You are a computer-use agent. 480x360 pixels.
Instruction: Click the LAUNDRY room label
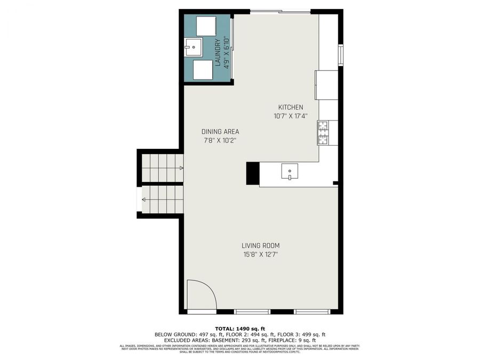pyautogui.click(x=218, y=53)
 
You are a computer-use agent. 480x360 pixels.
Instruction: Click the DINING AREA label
pyautogui.click(x=220, y=132)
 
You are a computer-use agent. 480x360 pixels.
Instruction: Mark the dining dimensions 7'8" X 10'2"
pyautogui.click(x=220, y=141)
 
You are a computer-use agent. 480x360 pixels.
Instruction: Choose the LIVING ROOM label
pyautogui.click(x=260, y=246)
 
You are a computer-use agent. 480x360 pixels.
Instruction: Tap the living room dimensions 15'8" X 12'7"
pyautogui.click(x=260, y=254)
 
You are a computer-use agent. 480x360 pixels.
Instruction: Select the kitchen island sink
pyautogui.click(x=290, y=172)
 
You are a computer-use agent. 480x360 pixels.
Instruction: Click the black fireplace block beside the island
pyautogui.click(x=252, y=173)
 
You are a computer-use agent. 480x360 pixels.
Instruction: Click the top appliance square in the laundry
pyautogui.click(x=205, y=26)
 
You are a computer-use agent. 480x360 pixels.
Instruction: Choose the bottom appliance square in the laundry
pyautogui.click(x=203, y=69)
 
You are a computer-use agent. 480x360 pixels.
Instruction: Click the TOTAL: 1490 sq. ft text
pyautogui.click(x=239, y=329)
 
